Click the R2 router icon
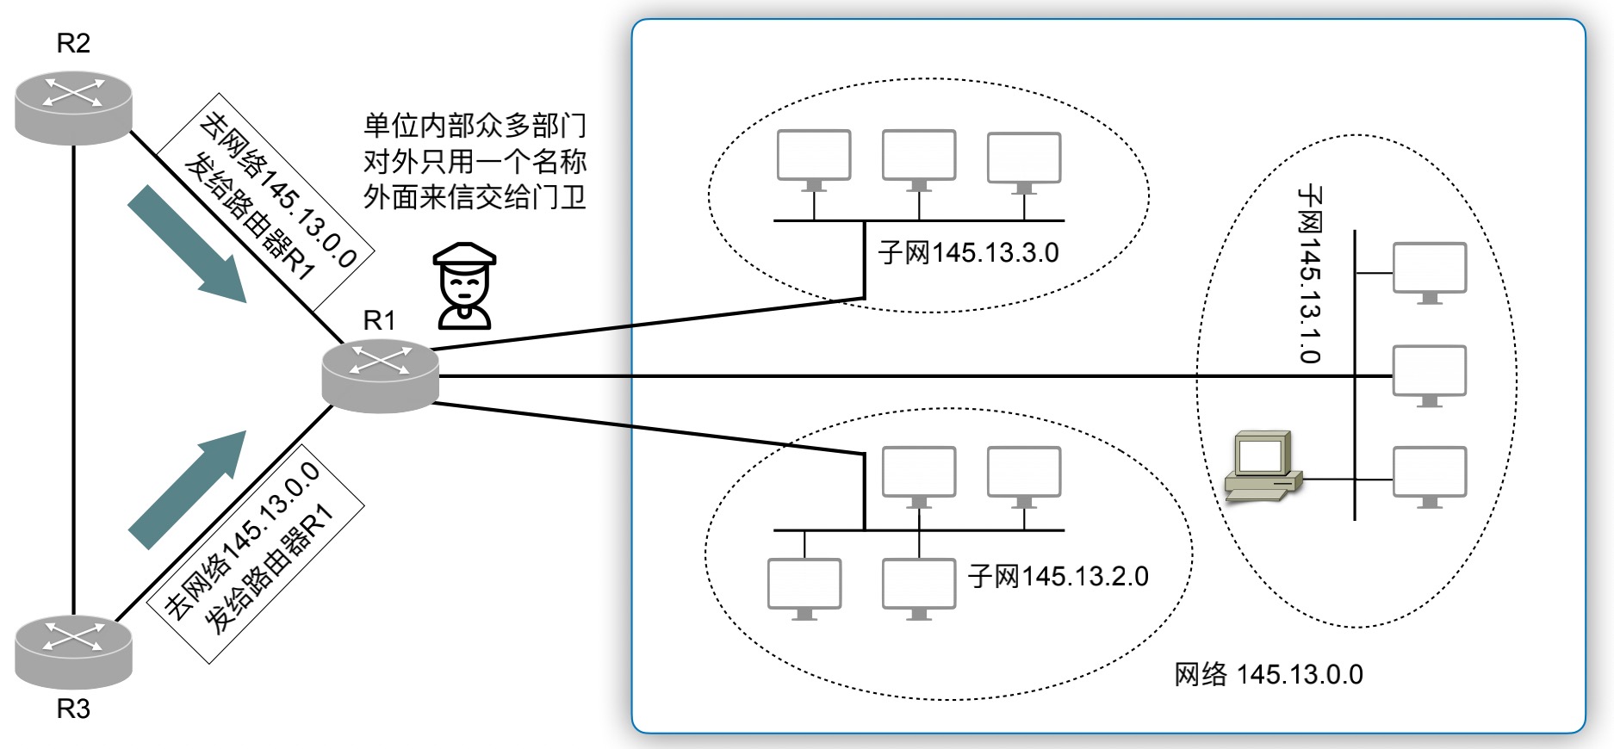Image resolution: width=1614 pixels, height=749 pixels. (73, 108)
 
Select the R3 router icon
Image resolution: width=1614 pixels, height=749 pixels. (73, 652)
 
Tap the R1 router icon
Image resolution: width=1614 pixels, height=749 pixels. (380, 376)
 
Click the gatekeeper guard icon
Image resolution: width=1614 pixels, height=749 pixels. (464, 286)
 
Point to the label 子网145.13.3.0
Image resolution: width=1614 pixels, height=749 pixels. (968, 253)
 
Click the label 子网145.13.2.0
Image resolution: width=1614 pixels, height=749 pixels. (1058, 576)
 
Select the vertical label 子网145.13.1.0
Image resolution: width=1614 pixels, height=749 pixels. (1310, 274)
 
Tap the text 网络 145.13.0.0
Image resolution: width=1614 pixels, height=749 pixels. (1269, 674)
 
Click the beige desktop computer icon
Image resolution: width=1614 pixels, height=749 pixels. (1263, 466)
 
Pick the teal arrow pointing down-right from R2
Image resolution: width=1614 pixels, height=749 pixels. (188, 245)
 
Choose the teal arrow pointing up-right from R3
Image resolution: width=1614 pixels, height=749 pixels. (188, 490)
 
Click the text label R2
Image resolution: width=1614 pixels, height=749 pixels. (73, 43)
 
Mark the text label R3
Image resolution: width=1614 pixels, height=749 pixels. (73, 709)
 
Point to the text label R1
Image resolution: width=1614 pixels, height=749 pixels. (379, 320)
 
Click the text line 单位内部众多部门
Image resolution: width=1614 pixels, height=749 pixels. (475, 126)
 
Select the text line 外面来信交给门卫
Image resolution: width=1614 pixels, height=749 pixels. (475, 197)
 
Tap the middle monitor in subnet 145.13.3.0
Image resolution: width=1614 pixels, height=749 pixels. (919, 160)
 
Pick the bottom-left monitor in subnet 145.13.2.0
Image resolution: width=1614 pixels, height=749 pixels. (804, 589)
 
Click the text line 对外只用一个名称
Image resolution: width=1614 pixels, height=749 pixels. (475, 161)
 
